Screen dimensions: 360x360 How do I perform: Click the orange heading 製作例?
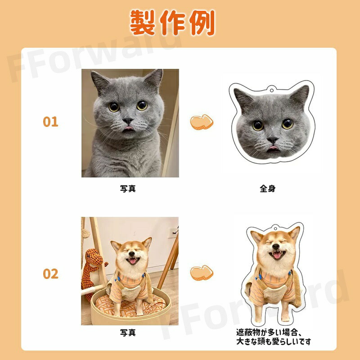(172, 22)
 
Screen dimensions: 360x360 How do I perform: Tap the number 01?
(50, 121)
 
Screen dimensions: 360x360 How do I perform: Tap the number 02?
(50, 274)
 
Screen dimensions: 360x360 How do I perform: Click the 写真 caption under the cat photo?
(128, 189)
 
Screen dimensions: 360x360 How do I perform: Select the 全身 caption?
(267, 189)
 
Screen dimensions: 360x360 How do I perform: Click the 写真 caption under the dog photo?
(128, 333)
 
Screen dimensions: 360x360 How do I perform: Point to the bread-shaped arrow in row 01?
(202, 122)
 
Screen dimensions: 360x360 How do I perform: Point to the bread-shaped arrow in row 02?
(202, 273)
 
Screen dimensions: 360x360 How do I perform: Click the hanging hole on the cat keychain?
(272, 90)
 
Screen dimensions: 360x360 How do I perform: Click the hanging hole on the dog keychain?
(275, 228)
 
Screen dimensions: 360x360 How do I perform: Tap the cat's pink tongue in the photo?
(129, 128)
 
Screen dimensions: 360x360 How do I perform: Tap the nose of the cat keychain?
(273, 139)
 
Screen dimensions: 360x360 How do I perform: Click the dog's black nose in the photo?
(131, 254)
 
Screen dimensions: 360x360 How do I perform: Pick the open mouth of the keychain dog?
(277, 254)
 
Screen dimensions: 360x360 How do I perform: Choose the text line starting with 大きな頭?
(274, 342)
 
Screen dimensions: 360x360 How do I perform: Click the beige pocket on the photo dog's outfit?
(130, 292)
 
